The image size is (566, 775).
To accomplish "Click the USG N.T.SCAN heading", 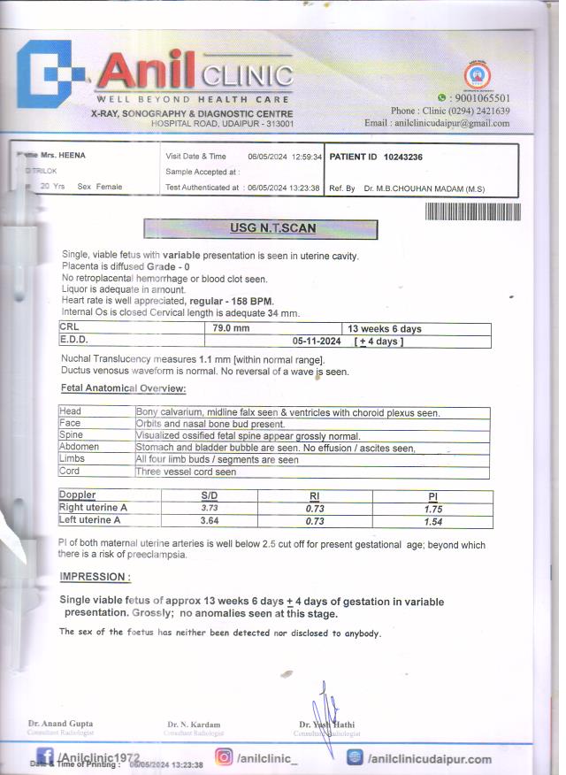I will (261, 227).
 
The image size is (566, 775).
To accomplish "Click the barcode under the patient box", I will (472, 212).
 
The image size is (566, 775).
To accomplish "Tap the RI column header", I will (314, 495).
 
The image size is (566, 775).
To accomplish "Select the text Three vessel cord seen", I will (186, 472).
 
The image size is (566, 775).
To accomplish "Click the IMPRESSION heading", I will (95, 577).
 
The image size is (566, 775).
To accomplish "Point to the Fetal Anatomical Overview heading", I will (123, 388).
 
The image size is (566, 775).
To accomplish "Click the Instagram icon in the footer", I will (225, 757).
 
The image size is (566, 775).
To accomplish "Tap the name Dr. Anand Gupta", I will (60, 724).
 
